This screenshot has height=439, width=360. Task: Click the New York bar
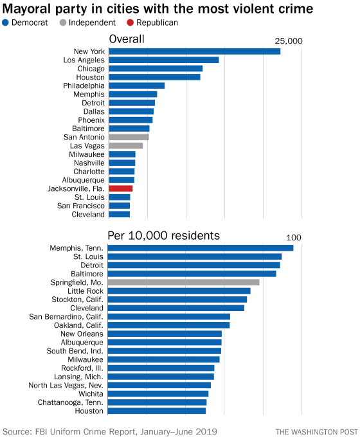pyautogui.click(x=194, y=51)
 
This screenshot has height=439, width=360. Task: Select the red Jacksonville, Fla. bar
pyautogui.click(x=121, y=188)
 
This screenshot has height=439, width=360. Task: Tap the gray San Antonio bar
pyautogui.click(x=129, y=137)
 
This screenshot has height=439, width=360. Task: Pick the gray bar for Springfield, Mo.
pyautogui.click(x=183, y=282)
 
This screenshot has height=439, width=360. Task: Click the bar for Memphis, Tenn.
pyautogui.click(x=200, y=248)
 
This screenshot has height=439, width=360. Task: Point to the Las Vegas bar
pyautogui.click(x=125, y=146)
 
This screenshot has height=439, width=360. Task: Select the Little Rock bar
pyautogui.click(x=179, y=291)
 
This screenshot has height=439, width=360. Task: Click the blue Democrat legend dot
pyautogui.click(x=6, y=22)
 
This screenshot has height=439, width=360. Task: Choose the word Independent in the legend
pyautogui.click(x=91, y=22)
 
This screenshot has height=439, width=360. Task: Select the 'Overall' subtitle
pyautogui.click(x=126, y=40)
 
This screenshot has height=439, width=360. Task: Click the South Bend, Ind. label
pyautogui.click(x=75, y=351)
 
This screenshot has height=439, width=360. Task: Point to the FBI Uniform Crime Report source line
pyautogui.click(x=110, y=431)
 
